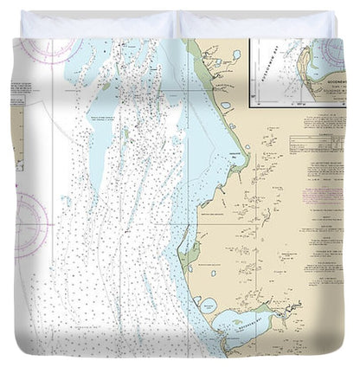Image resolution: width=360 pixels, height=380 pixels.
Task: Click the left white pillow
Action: tap(100, 23)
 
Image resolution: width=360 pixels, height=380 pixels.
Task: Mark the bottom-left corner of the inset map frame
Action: tap(250, 106)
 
